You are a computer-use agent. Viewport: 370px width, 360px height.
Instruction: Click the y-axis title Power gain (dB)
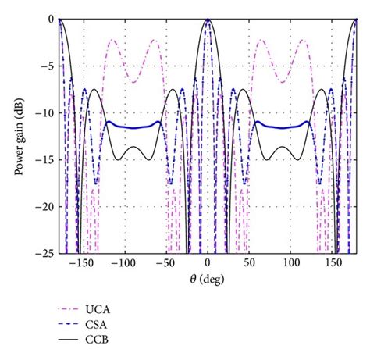[x=16, y=135]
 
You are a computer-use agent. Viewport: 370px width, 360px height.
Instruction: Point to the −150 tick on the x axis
[x=80, y=264]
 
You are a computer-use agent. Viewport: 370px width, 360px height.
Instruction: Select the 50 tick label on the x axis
[x=249, y=264]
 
